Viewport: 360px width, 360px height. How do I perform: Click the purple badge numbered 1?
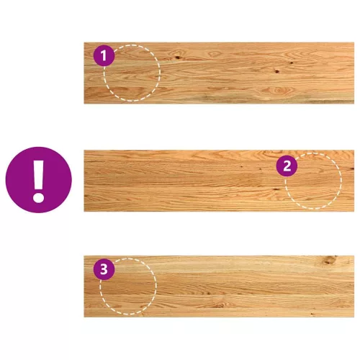click(x=104, y=55)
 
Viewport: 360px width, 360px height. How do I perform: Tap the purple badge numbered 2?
click(x=287, y=166)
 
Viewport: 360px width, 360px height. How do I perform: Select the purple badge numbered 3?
click(x=104, y=269)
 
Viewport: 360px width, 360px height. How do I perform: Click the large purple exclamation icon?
click(x=39, y=180)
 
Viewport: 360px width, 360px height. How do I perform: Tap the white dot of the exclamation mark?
click(x=39, y=198)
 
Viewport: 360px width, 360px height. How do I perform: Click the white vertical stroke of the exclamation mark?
click(x=39, y=175)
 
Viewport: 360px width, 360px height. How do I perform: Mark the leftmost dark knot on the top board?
click(x=178, y=57)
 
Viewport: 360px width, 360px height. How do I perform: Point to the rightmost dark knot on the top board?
click(x=292, y=63)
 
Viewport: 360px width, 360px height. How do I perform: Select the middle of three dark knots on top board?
click(x=277, y=71)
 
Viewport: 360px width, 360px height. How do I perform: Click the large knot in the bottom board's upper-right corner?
click(x=330, y=260)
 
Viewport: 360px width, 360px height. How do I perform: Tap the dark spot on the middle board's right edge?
click(x=352, y=169)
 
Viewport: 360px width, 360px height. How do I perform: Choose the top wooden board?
click(x=219, y=73)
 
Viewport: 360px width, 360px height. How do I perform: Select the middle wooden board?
click(x=219, y=181)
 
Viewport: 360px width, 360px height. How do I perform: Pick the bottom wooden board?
click(x=219, y=287)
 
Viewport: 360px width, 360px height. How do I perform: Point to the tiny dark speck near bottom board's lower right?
click(x=312, y=313)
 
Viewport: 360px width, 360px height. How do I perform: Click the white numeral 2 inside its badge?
click(x=287, y=166)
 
